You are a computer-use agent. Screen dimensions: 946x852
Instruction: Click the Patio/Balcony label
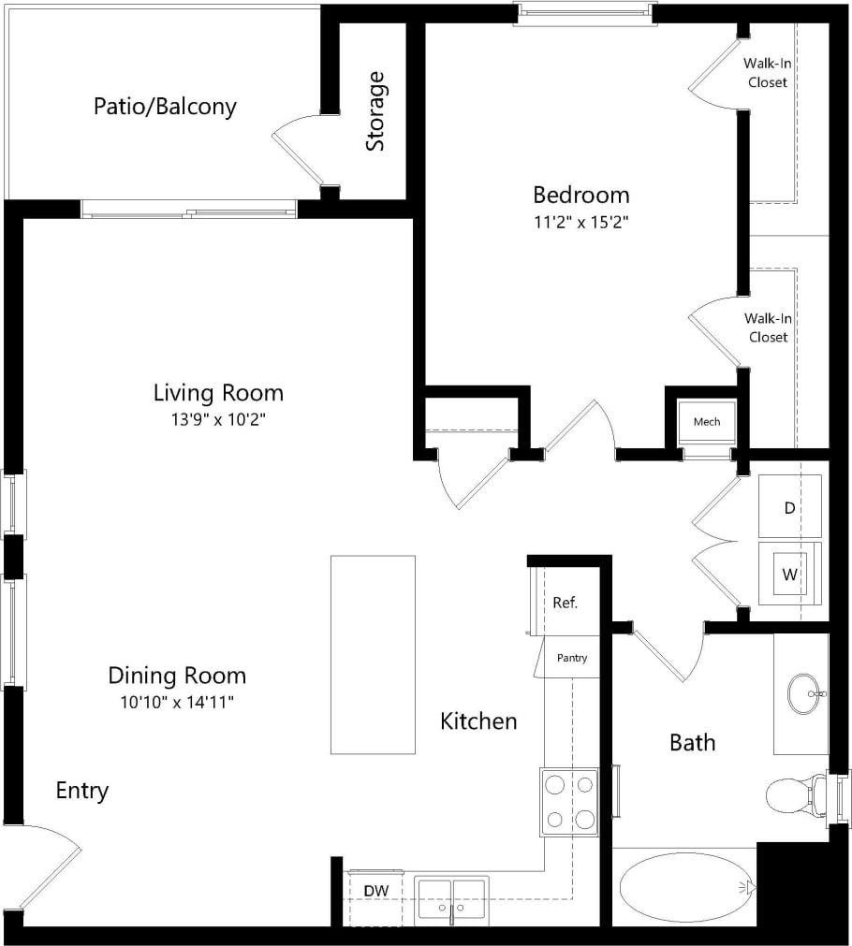(x=165, y=106)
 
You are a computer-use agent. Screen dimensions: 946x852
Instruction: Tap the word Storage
(x=375, y=111)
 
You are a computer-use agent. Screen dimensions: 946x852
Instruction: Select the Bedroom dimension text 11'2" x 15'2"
(x=580, y=223)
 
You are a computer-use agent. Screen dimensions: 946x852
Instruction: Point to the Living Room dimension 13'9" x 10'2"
(x=218, y=419)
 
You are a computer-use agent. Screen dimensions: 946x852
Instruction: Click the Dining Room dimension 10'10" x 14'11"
(x=177, y=703)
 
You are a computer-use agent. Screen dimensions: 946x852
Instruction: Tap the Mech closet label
(x=707, y=422)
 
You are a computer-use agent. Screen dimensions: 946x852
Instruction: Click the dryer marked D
(x=789, y=507)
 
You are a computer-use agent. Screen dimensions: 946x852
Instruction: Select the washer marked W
(x=789, y=575)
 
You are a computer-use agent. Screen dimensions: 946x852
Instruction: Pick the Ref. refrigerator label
(x=565, y=603)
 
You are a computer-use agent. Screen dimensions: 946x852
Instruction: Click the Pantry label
(x=572, y=658)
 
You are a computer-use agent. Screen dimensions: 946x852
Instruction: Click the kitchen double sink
(x=452, y=900)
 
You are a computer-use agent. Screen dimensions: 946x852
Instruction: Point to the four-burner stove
(x=568, y=801)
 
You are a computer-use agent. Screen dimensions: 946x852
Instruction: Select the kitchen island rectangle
(x=373, y=654)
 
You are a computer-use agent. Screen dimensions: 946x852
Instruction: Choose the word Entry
(x=82, y=791)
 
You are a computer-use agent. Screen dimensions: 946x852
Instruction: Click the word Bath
(x=692, y=743)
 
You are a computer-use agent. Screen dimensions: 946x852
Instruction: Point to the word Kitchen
(x=478, y=720)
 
